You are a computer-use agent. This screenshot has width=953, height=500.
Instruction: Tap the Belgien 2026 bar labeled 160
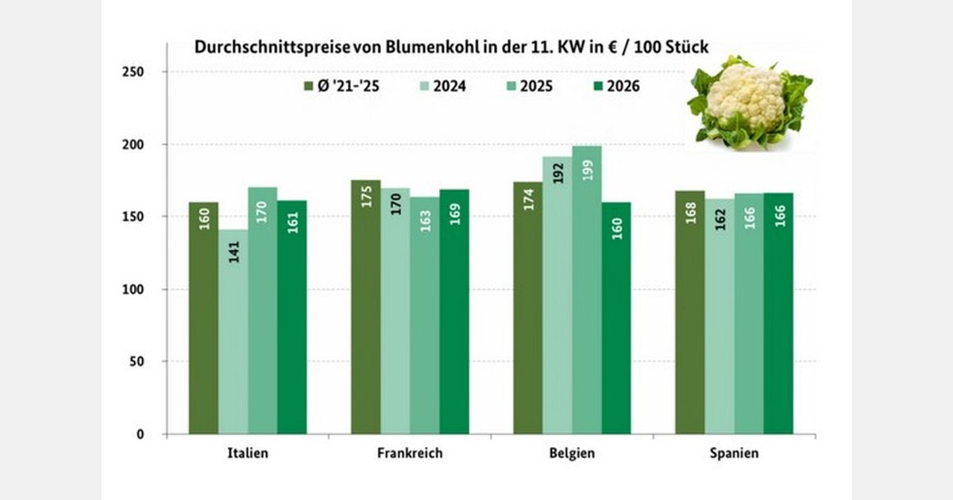click(x=616, y=317)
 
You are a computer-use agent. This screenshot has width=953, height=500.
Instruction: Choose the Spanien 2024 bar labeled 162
click(x=720, y=317)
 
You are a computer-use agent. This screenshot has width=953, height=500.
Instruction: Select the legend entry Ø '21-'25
click(x=345, y=86)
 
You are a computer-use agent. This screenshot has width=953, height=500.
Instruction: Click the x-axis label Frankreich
click(x=411, y=454)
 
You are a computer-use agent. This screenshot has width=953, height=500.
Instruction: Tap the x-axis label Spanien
click(x=735, y=454)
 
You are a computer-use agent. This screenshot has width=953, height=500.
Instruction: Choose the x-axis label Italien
click(x=247, y=454)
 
